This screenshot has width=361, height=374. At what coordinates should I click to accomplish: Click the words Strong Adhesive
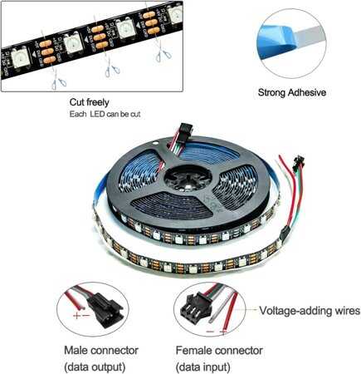(x=292, y=92)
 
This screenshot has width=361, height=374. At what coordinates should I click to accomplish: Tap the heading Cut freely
(x=89, y=102)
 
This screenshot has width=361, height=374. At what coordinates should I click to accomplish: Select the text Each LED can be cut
(x=105, y=114)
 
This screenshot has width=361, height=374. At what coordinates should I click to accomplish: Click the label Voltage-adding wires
(x=310, y=310)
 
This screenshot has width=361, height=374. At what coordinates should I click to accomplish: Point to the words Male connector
(x=101, y=350)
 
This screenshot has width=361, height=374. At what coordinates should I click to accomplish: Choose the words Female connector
(x=219, y=350)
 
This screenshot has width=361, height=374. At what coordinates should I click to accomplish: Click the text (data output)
(x=95, y=367)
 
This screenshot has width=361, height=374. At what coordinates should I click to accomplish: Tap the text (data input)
(x=203, y=367)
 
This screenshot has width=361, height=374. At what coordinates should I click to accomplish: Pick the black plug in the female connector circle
(x=193, y=307)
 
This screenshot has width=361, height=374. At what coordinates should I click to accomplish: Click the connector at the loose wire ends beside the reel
(x=299, y=160)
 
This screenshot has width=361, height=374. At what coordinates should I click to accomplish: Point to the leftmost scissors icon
(x=58, y=83)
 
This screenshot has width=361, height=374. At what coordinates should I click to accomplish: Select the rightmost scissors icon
(x=163, y=56)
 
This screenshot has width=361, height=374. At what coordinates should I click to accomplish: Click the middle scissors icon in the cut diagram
(x=112, y=71)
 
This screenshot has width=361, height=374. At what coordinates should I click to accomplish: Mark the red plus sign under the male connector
(x=76, y=315)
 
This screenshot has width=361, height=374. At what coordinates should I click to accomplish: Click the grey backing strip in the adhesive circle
(x=310, y=35)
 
